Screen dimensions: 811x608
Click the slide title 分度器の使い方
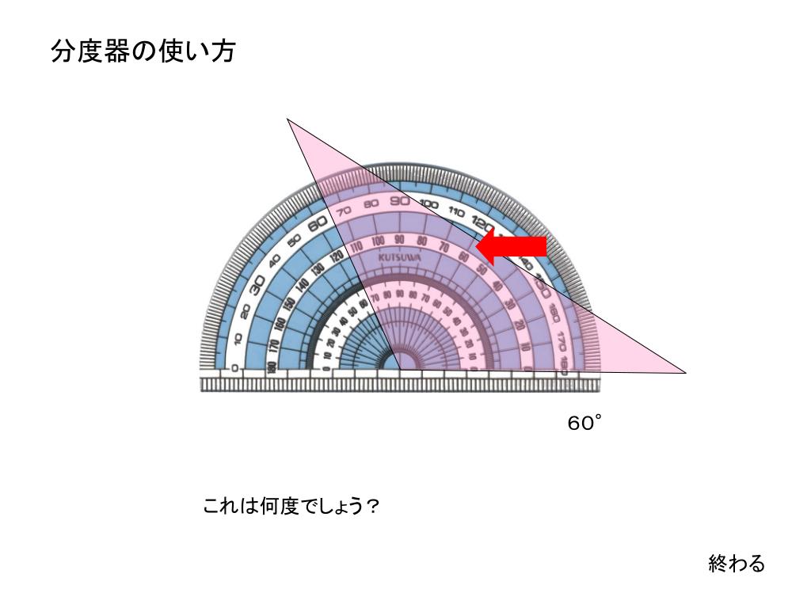coord(143,52)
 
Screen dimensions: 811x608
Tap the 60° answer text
coord(584,424)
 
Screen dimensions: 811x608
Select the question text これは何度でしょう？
coord(291,506)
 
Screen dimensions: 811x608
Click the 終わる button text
coord(737,564)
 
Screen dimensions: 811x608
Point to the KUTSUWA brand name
coord(400,259)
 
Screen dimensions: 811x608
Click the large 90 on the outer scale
coord(399,200)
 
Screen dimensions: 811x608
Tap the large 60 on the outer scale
coord(318,224)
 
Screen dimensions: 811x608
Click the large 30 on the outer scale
coord(257,286)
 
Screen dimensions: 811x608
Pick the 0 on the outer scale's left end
coord(234,367)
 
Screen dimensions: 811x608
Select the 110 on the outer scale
coord(455,211)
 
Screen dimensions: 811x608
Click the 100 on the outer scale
coord(428,204)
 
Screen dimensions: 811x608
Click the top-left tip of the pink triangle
coord(288,120)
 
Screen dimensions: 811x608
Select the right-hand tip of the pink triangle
coord(684,371)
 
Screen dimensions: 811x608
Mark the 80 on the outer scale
coord(371,203)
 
